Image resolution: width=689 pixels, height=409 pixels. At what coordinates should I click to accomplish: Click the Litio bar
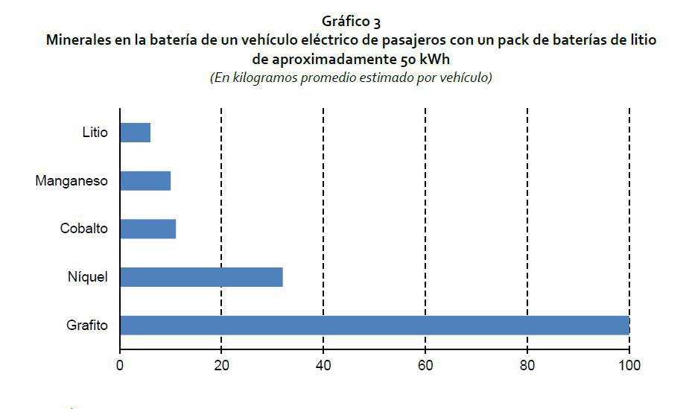[x=135, y=133]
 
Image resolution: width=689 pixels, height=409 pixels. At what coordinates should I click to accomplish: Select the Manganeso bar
[x=145, y=181]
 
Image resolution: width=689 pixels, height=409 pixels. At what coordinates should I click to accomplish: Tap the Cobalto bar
[x=147, y=229]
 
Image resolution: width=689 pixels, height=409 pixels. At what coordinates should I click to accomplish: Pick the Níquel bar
[x=201, y=277]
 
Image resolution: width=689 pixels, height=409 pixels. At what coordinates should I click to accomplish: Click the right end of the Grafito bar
[x=628, y=326]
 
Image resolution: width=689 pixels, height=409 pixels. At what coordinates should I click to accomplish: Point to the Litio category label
[x=95, y=133]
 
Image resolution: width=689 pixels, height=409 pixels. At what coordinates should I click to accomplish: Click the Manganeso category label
[x=72, y=181]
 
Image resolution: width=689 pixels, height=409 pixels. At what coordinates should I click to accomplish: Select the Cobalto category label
[x=83, y=229]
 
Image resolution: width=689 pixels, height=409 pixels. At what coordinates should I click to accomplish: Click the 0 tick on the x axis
[x=119, y=365]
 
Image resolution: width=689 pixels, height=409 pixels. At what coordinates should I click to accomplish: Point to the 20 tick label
[x=221, y=365]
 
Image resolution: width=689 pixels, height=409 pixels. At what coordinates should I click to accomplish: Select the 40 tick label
[x=323, y=365]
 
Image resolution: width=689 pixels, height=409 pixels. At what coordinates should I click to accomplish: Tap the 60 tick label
[x=425, y=365]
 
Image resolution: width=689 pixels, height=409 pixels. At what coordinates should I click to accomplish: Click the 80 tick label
[x=527, y=365]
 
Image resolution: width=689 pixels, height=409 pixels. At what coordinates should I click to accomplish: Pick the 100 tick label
[x=629, y=365]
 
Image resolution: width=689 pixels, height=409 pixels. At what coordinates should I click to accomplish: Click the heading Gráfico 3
[x=351, y=23]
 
